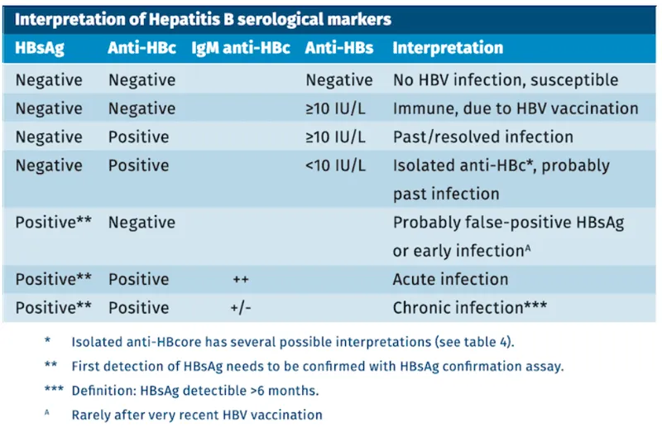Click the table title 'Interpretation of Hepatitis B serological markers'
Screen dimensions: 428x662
pyautogui.click(x=203, y=17)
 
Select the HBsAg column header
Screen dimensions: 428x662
pyautogui.click(x=40, y=48)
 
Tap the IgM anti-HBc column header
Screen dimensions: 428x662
pyautogui.click(x=241, y=48)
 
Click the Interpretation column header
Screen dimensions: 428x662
pyautogui.click(x=448, y=48)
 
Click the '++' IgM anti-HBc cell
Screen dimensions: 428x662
pyautogui.click(x=241, y=279)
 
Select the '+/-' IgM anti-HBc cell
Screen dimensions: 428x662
pyautogui.click(x=241, y=307)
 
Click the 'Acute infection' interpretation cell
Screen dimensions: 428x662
pyautogui.click(x=450, y=279)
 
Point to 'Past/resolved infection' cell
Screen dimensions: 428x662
pyautogui.click(x=482, y=137)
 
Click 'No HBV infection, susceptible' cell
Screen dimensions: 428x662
pyautogui.click(x=506, y=80)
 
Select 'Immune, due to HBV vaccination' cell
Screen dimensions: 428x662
pyautogui.click(x=515, y=108)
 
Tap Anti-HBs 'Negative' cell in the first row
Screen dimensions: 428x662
pyautogui.click(x=338, y=80)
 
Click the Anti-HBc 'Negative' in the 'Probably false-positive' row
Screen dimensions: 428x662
pyautogui.click(x=142, y=222)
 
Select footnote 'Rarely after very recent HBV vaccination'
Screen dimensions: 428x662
pyautogui.click(x=196, y=414)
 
